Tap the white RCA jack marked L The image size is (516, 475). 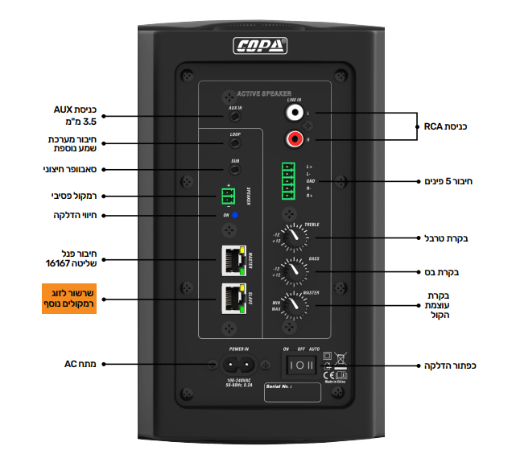click(x=295, y=114)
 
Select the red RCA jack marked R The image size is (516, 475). click(x=295, y=140)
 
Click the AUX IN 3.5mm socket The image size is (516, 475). click(x=234, y=118)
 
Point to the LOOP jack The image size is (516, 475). click(x=234, y=144)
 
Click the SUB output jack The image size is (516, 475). click(x=234, y=170)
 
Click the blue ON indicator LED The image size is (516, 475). click(x=235, y=216)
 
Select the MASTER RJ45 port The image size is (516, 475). click(x=231, y=258)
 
